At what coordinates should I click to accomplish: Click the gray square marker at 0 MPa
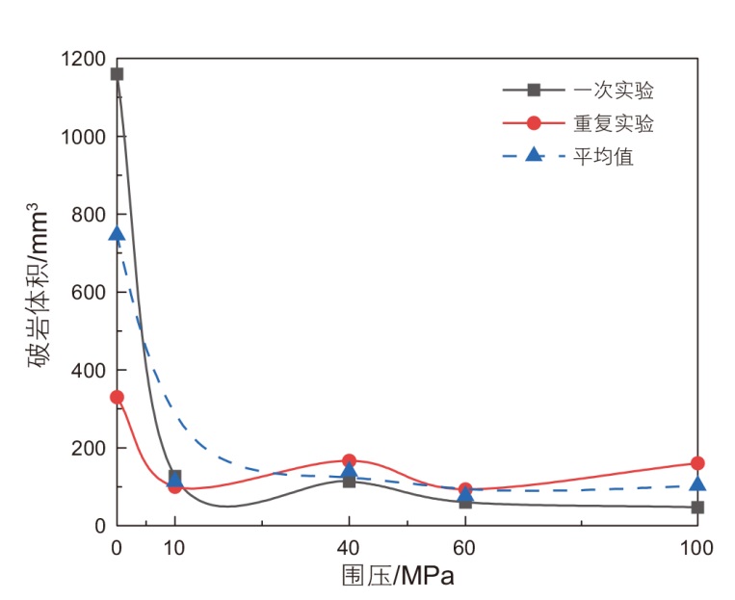click(x=117, y=74)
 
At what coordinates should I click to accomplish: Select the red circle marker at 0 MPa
click(x=117, y=397)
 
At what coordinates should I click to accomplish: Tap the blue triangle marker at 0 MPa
click(x=117, y=234)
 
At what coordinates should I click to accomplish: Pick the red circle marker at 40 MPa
click(x=349, y=461)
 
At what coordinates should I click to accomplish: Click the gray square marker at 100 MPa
click(x=697, y=507)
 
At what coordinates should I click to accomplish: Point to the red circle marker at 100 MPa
click(x=697, y=463)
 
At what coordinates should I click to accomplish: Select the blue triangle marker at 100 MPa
click(x=697, y=484)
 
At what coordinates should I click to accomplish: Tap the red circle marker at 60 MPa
click(x=465, y=490)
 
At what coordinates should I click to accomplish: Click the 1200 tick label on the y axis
click(x=85, y=60)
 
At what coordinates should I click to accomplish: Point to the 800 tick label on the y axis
click(x=90, y=215)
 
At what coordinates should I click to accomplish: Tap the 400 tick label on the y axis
click(x=90, y=371)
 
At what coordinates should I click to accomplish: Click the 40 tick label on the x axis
click(x=349, y=549)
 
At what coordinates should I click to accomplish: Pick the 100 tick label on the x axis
click(x=696, y=549)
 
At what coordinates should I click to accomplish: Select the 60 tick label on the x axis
click(x=465, y=549)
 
